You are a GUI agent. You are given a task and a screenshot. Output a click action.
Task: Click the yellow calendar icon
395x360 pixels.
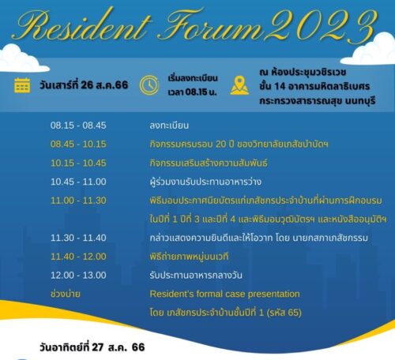(x=22, y=85)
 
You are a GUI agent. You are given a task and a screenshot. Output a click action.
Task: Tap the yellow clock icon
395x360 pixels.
(x=149, y=85)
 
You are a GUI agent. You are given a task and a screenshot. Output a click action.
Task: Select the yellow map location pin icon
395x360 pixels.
(x=239, y=85)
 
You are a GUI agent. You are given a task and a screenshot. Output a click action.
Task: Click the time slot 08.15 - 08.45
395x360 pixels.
(x=78, y=126)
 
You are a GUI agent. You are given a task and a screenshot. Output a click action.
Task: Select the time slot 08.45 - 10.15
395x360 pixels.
(x=78, y=144)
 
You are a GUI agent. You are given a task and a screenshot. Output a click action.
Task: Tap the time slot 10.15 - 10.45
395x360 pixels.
(x=78, y=163)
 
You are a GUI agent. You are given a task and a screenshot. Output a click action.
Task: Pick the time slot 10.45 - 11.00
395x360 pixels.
(x=78, y=182)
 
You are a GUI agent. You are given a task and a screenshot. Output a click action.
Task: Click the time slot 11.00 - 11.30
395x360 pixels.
(x=78, y=201)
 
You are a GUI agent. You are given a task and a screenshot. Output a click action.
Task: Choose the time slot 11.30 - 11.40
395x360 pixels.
(x=78, y=238)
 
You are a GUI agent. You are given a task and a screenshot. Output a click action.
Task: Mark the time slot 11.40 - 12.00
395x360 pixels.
(x=78, y=257)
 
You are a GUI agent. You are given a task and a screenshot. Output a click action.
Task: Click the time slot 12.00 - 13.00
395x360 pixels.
(x=78, y=276)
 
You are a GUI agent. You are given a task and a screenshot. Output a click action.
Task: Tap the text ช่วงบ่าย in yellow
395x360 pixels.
(x=66, y=294)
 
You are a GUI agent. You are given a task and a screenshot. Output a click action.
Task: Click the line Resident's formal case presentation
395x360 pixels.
(x=224, y=294)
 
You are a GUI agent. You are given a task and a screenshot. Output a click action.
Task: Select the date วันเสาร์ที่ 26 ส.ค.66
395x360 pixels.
(x=84, y=85)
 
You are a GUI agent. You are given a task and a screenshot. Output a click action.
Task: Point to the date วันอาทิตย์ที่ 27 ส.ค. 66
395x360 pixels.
(x=92, y=347)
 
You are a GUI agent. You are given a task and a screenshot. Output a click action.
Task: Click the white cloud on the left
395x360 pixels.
(x=21, y=59)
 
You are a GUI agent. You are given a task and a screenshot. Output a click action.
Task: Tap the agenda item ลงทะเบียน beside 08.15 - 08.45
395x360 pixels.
(x=169, y=126)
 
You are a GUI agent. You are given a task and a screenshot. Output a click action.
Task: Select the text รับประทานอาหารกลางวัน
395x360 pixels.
(x=196, y=276)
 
